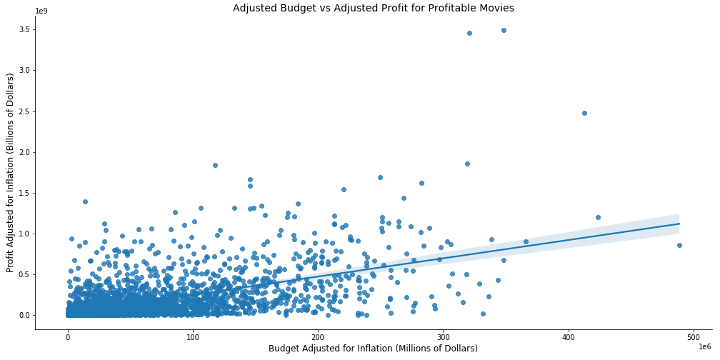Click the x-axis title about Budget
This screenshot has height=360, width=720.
pyautogui.click(x=373, y=349)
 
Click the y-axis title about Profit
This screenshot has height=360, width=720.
pyautogui.click(x=10, y=172)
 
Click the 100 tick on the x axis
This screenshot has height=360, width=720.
pyautogui.click(x=193, y=336)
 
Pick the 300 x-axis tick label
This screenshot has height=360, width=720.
pyautogui.click(x=444, y=336)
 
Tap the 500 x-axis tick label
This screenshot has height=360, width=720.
pyautogui.click(x=694, y=336)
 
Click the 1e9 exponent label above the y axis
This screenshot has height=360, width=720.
pyautogui.click(x=43, y=11)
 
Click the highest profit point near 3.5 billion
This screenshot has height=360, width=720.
pyautogui.click(x=504, y=30)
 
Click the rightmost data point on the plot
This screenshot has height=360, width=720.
pyautogui.click(x=679, y=245)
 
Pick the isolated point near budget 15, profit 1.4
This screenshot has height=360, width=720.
pyautogui.click(x=85, y=201)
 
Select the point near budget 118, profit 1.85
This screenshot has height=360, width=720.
pyautogui.click(x=215, y=165)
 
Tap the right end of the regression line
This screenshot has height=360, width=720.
pyautogui.click(x=679, y=224)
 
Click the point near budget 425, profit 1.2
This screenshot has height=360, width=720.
pyautogui.click(x=598, y=217)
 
